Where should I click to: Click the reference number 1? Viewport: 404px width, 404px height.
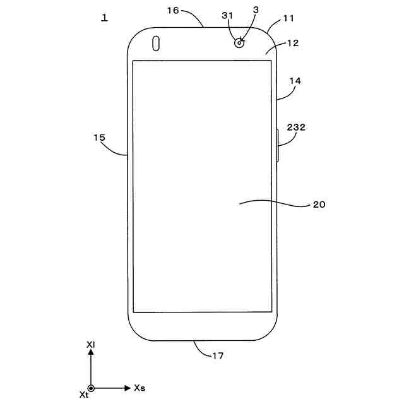click(104, 18)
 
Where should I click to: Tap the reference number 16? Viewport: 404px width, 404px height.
click(173, 11)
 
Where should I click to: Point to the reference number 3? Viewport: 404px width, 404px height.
click(255, 11)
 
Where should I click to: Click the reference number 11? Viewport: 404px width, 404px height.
click(288, 18)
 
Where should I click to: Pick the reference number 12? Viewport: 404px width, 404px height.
click(292, 43)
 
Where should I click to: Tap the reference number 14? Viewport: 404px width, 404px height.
click(295, 81)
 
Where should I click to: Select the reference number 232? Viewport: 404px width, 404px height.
click(296, 127)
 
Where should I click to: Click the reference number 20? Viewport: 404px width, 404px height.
click(319, 205)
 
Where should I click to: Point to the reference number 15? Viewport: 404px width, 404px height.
click(99, 136)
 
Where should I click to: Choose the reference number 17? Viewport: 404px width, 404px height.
click(217, 356)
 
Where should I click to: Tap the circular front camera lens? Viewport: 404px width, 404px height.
click(239, 43)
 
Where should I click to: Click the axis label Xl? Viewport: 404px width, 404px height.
click(91, 345)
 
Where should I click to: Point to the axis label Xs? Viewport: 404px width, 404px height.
click(140, 388)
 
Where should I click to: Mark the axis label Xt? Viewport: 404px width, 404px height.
click(83, 395)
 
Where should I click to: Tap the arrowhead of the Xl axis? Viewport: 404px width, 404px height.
click(91, 355)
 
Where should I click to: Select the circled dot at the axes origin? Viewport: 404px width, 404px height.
click(91, 388)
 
